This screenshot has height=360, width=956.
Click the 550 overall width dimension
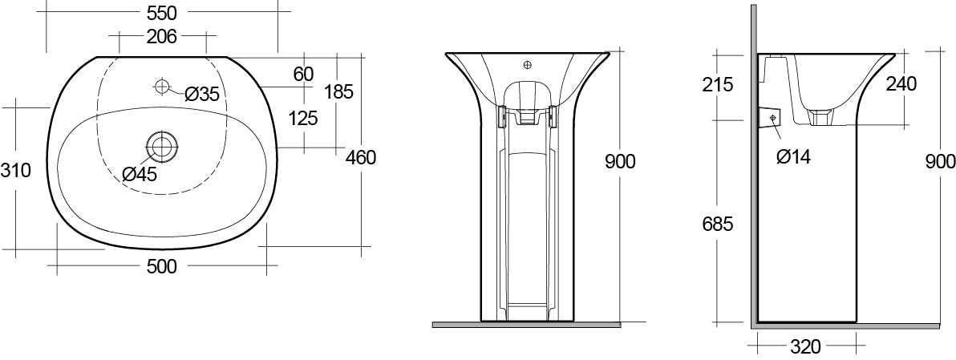(162, 12)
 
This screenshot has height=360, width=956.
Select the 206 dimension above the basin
(162, 36)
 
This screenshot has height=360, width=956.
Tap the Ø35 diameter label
(201, 94)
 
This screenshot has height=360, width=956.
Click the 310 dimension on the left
(15, 171)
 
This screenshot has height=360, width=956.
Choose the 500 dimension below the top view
(162, 266)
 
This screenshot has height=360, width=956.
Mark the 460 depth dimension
(360, 157)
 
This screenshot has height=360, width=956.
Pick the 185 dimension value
(338, 91)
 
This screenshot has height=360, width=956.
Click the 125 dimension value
(302, 119)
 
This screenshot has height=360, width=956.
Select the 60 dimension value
(302, 75)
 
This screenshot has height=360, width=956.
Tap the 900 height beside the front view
(620, 162)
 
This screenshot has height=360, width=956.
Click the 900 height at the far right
(940, 162)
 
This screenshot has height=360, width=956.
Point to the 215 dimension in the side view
(717, 84)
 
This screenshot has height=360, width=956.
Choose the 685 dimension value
(717, 224)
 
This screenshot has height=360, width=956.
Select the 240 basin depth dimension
(901, 83)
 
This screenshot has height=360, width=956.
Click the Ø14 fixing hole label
(793, 156)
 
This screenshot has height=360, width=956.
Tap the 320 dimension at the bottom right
(805, 346)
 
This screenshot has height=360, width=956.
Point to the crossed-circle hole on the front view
(527, 64)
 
